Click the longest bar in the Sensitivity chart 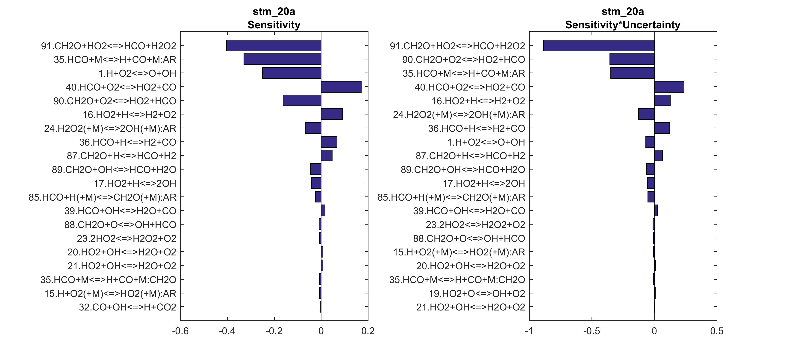pos(274,46)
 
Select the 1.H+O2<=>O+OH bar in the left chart pos(291,73)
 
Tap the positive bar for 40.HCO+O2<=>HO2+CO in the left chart pos(341,87)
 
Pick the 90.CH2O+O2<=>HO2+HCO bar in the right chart pos(632,59)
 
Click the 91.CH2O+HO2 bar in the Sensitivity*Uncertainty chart pos(599,46)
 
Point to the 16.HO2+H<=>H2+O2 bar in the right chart pos(662,100)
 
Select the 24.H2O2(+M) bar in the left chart pos(313,128)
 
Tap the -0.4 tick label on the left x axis pos(227,331)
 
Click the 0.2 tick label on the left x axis pos(368,331)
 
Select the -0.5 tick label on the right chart pos(591,331)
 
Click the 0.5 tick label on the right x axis pos(717,331)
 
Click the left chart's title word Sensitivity pos(274,25)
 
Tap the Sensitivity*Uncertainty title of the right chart pos(623,25)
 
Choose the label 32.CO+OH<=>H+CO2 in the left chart pos(128,307)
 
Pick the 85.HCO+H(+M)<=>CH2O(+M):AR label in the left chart pos(102,197)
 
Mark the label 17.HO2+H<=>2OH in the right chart pos(484,184)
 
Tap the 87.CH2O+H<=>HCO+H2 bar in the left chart pos(327,155)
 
